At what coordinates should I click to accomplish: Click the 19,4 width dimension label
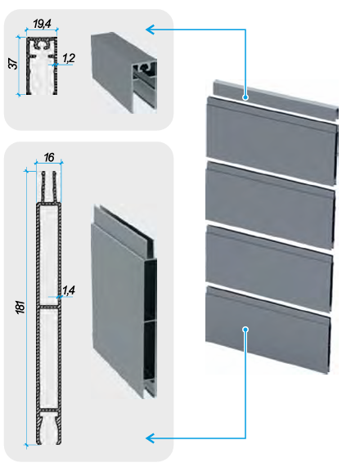42,24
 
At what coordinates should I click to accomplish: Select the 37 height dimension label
13,64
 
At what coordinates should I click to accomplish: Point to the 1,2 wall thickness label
69,58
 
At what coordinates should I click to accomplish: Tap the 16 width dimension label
49,157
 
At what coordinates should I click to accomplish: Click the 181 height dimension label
20,307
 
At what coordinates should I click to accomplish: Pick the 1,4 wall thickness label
69,290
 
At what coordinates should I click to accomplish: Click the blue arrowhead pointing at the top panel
150,29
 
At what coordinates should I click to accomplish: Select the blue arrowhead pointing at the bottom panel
150,438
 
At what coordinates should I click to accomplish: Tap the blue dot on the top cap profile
245,97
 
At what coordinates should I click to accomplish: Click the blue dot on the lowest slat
245,329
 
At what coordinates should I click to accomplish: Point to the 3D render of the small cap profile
124,72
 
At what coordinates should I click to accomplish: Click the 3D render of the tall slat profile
124,302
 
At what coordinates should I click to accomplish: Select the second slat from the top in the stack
270,205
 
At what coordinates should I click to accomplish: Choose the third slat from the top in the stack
269,268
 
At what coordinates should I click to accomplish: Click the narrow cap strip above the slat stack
276,99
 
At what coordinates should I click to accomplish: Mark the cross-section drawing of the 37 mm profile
42,65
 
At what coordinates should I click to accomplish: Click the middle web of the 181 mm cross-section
49,307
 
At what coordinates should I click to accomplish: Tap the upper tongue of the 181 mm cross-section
49,186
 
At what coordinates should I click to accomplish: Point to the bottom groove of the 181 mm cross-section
49,429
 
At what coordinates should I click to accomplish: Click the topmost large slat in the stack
272,141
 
